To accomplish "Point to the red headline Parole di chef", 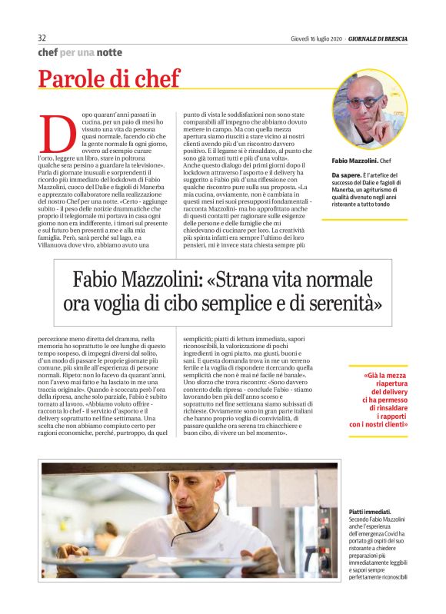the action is (x=109, y=78).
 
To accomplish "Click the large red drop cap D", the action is (x=52, y=134).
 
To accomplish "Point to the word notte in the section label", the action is (x=108, y=52).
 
